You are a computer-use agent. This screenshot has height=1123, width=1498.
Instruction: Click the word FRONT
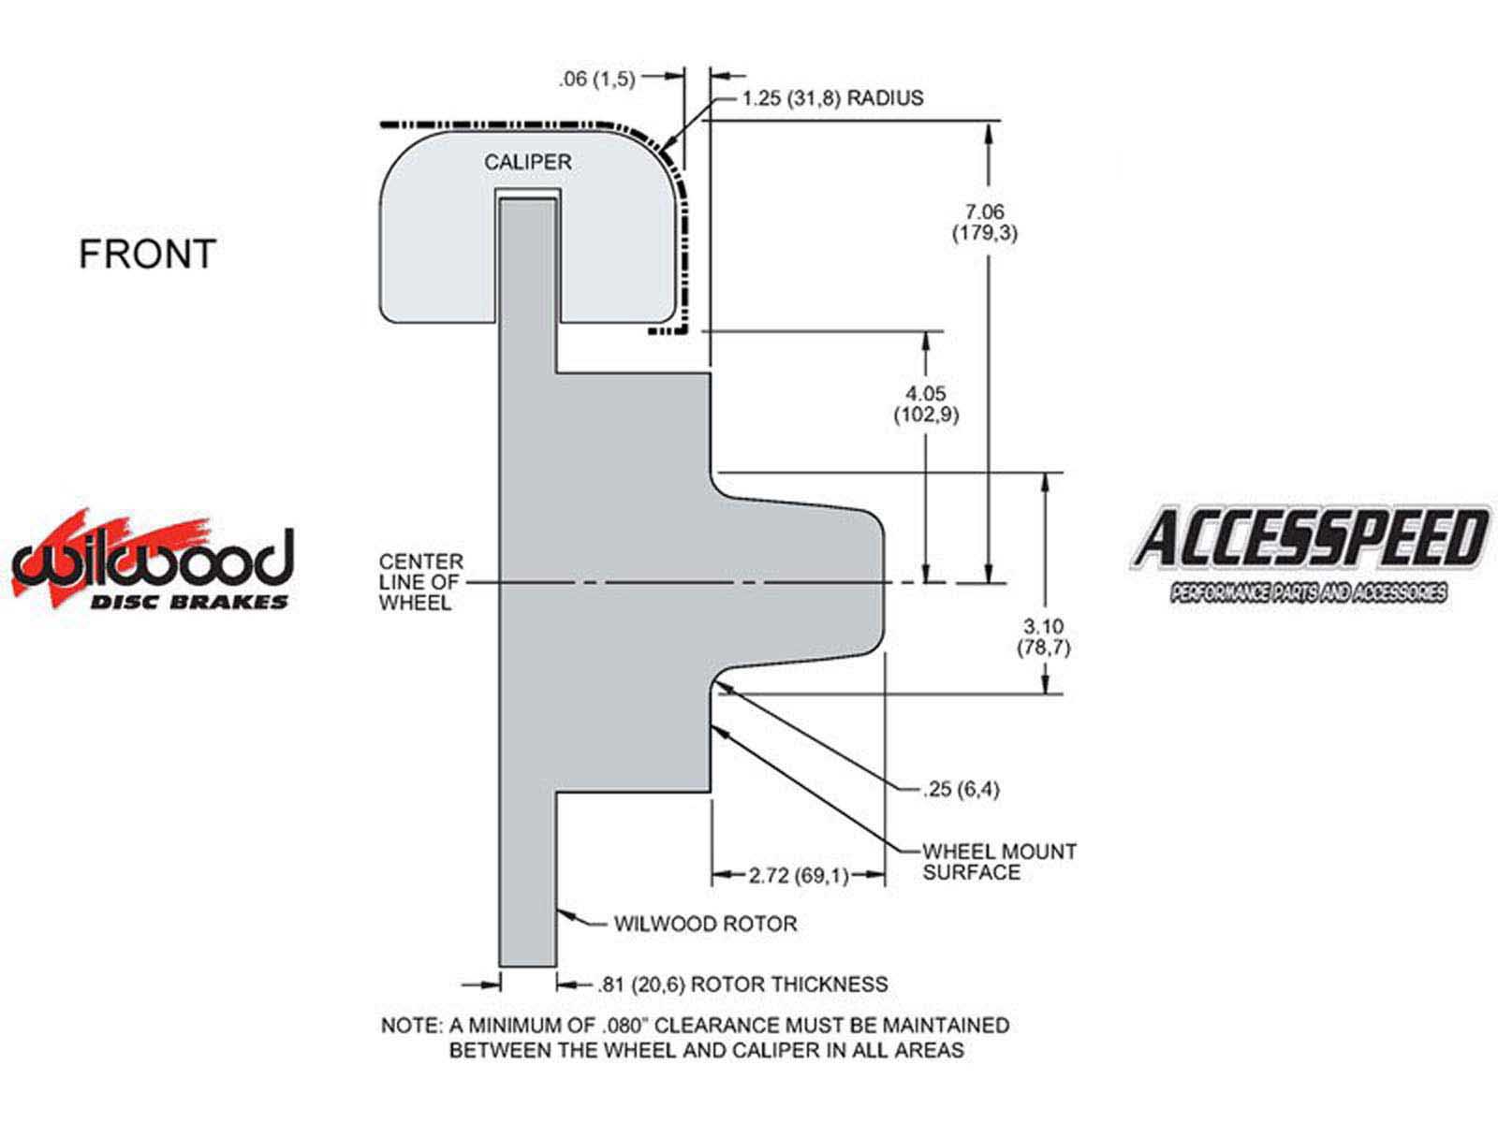[x=147, y=254]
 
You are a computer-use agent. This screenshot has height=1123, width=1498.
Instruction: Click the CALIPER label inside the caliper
[x=527, y=162]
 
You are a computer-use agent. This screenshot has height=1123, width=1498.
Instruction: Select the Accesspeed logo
[x=1311, y=554]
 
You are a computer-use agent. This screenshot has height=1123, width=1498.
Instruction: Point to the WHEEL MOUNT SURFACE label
[x=999, y=861]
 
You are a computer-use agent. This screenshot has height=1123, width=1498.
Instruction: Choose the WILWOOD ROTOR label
[x=705, y=924]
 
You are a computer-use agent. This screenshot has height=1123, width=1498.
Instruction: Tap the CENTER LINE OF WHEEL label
[x=421, y=582]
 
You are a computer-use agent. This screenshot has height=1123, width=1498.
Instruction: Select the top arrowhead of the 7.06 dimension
[x=988, y=133]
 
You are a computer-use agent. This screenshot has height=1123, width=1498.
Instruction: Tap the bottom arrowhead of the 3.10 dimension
[x=1045, y=682]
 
